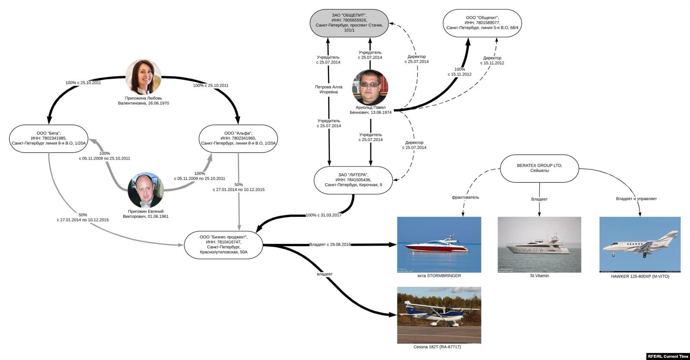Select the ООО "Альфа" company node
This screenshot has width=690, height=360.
coord(238,138)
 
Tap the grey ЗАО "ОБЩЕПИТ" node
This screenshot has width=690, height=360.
coord(349,23)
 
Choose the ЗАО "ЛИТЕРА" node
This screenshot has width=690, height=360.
coord(353,180)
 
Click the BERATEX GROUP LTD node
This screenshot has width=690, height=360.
coord(539,168)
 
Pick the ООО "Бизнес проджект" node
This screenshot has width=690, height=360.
coord(223,244)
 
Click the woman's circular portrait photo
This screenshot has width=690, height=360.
coord(143,77)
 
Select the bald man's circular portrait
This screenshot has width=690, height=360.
coord(146,190)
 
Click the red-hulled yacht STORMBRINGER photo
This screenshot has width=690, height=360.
coord(439,244)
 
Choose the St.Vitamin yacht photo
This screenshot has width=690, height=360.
coord(539,244)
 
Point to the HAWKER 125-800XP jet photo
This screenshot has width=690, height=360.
coord(640,244)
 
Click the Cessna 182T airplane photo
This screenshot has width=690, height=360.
coord(439,315)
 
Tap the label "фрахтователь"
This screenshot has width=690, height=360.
coord(465,197)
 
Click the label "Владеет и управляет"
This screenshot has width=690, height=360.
coord(636,199)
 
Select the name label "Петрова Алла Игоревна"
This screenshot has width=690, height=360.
coord(329,89)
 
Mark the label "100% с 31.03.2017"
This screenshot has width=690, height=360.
coord(323,215)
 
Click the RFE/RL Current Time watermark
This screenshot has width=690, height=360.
coord(668,356)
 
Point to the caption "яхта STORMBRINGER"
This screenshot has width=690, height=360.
coord(439,276)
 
